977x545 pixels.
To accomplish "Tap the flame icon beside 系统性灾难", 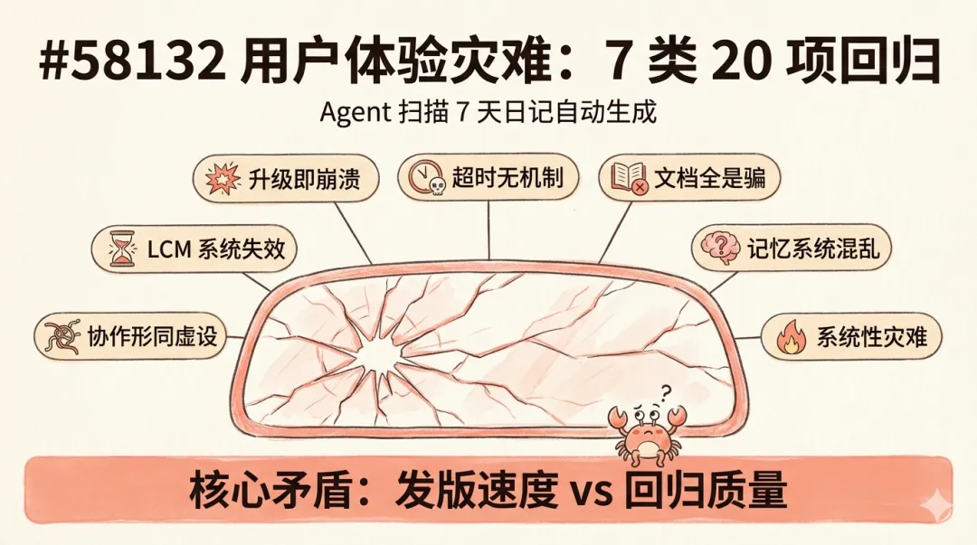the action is [x=790, y=337].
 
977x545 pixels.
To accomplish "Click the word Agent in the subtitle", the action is [x=355, y=114].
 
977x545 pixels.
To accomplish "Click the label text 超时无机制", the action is [x=507, y=177].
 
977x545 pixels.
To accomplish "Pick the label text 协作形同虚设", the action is [x=152, y=337].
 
